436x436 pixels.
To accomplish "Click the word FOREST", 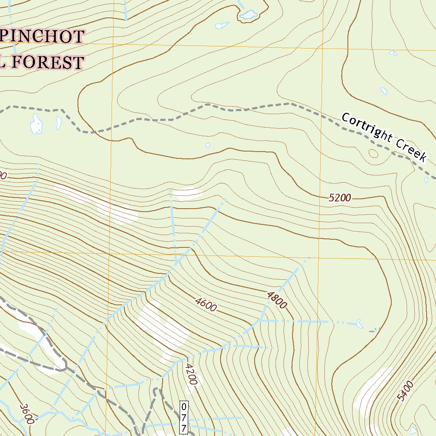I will click(x=47, y=63).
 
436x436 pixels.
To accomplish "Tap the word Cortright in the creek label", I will click(x=367, y=127).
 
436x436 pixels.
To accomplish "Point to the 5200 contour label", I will click(x=340, y=198).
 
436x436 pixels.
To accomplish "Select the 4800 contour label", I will click(x=277, y=300).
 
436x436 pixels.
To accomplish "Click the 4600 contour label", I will click(x=206, y=304).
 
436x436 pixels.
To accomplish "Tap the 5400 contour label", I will click(x=405, y=391).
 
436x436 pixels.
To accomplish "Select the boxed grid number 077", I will click(x=184, y=417).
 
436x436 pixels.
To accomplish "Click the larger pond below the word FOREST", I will click(x=36, y=123).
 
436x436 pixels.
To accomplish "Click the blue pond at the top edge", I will click(x=249, y=15).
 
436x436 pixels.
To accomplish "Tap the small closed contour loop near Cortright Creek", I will click(x=373, y=153).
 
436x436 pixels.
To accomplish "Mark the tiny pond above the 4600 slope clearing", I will click(x=208, y=145).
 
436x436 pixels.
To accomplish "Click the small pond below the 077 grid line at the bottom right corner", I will click(x=412, y=430).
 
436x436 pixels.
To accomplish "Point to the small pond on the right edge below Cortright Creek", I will click(x=426, y=180).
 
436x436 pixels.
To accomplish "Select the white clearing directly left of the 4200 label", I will click(x=164, y=328).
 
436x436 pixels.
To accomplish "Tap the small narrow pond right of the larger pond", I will click(x=58, y=123).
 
